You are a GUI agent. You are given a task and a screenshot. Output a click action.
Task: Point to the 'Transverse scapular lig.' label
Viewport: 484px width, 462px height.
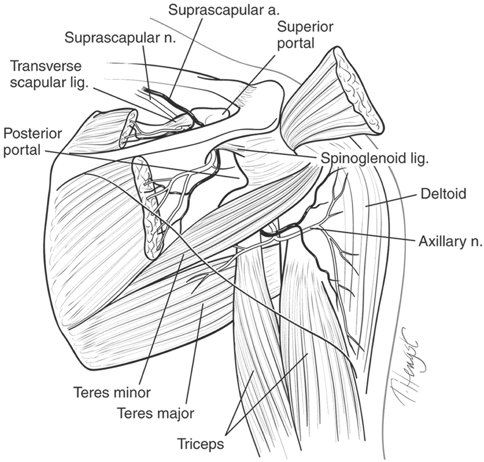click(x=49, y=74)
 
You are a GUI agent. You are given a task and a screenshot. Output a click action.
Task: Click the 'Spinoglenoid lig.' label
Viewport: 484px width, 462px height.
click(x=375, y=158)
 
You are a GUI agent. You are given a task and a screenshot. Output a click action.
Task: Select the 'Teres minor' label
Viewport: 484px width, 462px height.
click(x=112, y=392)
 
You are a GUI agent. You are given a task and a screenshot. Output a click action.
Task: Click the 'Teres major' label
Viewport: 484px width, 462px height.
click(x=155, y=413)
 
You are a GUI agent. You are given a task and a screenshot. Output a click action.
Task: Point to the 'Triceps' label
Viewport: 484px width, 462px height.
click(x=200, y=443)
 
